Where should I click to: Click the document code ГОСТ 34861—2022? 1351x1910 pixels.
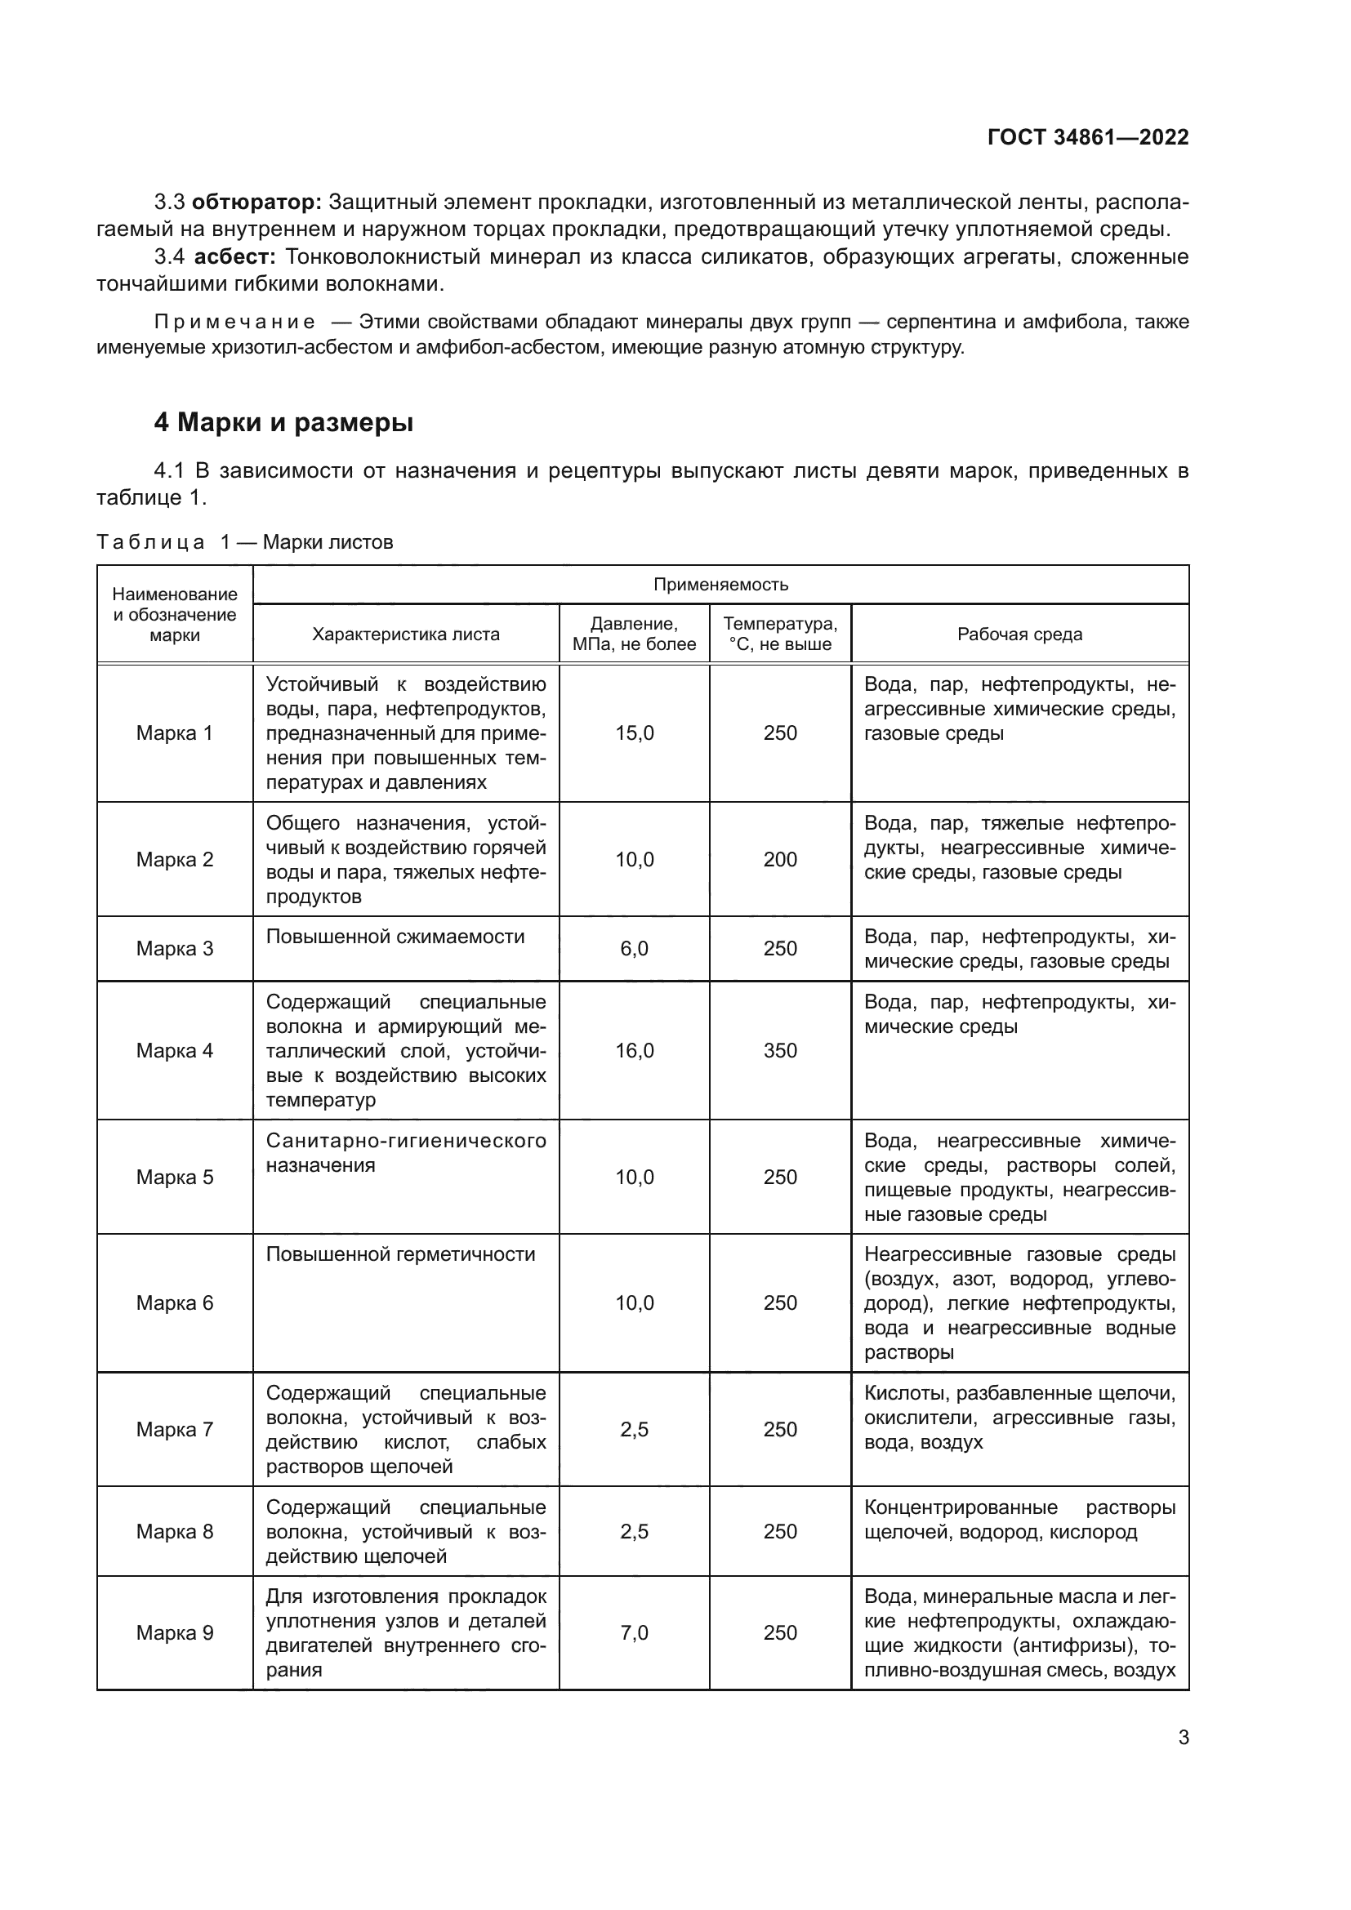point(1087,137)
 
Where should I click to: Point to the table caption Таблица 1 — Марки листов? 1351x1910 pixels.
point(244,542)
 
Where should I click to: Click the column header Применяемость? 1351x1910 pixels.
point(720,584)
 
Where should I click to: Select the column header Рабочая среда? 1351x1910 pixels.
point(1019,634)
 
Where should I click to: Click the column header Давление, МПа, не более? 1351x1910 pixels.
point(634,634)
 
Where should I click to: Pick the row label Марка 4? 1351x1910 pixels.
point(175,1050)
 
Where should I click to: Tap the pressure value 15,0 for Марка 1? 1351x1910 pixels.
point(634,732)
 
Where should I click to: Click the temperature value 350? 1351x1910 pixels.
point(779,1050)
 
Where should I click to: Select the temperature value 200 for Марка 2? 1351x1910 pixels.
point(779,859)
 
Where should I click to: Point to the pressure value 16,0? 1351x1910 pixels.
point(634,1050)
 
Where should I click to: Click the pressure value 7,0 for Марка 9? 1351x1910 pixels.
point(634,1632)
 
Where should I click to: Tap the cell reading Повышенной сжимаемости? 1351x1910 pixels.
point(395,937)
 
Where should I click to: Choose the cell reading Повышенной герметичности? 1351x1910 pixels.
point(400,1253)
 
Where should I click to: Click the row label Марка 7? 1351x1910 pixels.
point(175,1429)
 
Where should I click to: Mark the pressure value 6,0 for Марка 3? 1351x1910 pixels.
point(634,948)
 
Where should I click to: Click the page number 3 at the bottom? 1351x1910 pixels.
point(1183,1737)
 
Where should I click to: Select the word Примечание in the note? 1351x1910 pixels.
point(235,322)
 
